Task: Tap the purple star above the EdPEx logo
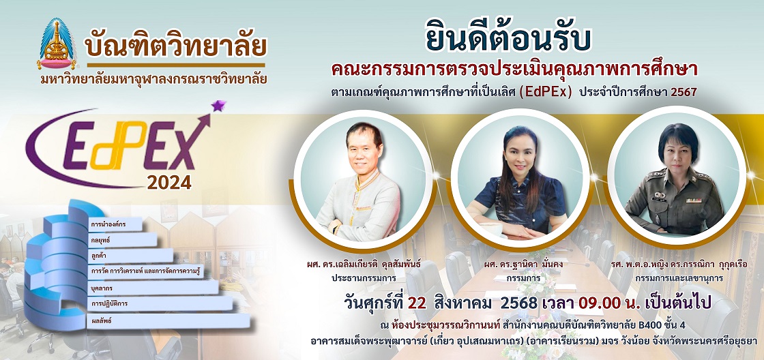click(219, 105)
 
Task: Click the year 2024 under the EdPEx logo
click(169, 182)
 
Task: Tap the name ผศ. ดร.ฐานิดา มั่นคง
click(519, 265)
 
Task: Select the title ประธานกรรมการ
click(361, 278)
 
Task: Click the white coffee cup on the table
click(493, 229)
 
